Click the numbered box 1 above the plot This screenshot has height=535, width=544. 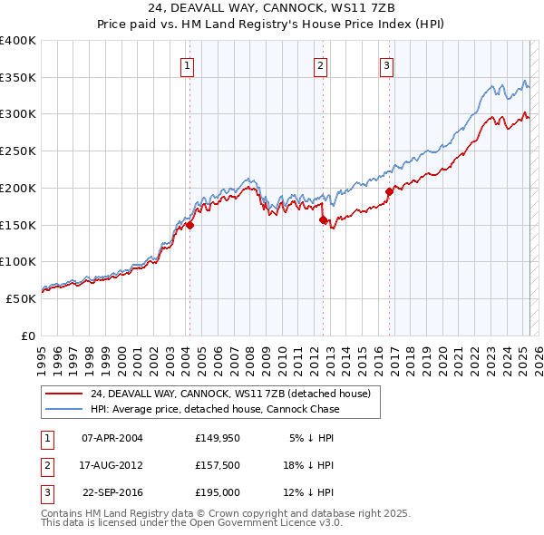point(186,64)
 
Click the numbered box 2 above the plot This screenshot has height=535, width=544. point(320,64)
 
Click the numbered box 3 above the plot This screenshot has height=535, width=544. point(386,64)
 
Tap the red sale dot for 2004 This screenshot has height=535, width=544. point(190,226)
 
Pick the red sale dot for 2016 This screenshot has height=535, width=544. point(390,191)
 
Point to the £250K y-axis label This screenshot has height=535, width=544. point(17,151)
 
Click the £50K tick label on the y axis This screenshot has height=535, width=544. point(21,298)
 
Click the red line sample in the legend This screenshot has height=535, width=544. point(63,394)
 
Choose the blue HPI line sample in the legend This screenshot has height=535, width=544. point(63,409)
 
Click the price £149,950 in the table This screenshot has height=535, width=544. point(216,438)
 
